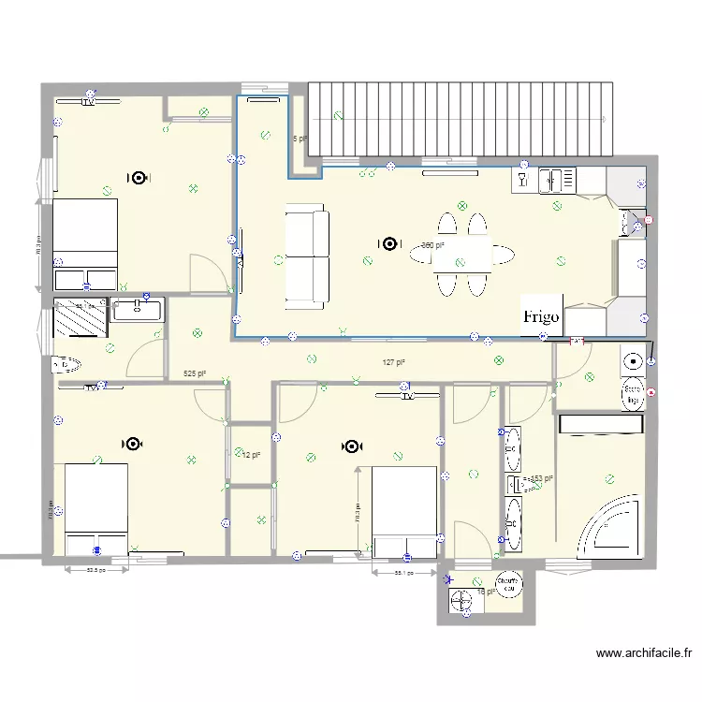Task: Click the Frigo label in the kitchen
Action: coord(541,316)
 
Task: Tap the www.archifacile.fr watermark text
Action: coord(644,654)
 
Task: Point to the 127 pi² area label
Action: coord(393,362)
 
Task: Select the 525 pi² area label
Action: coord(195,373)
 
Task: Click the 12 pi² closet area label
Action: coord(250,455)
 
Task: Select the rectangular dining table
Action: coord(462,254)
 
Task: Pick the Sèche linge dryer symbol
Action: coord(634,394)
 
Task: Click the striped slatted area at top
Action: coord(461,119)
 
